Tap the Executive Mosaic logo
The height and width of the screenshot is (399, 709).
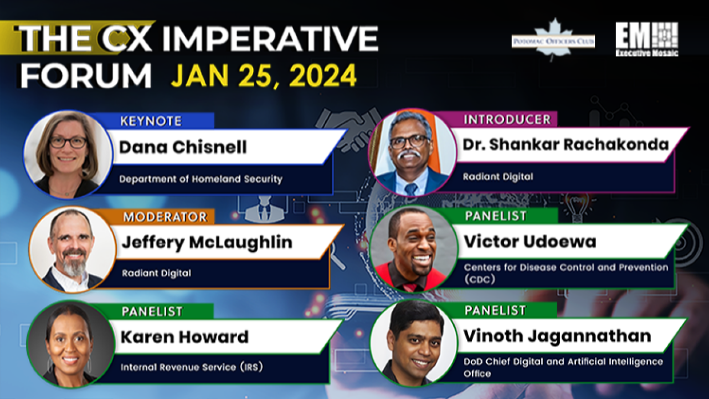pyautogui.click(x=646, y=39)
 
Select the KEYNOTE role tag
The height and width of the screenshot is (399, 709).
pyautogui.click(x=151, y=121)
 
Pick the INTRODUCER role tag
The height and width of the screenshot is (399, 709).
pyautogui.click(x=507, y=120)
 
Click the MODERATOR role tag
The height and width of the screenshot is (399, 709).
pyautogui.click(x=165, y=217)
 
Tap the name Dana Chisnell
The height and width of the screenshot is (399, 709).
pyautogui.click(x=183, y=147)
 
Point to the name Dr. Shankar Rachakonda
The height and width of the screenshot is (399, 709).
pyautogui.click(x=566, y=145)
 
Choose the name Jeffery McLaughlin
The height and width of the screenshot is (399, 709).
pyautogui.click(x=207, y=243)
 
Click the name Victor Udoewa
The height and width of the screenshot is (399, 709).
pyautogui.click(x=530, y=242)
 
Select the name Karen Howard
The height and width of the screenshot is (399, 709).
pyautogui.click(x=184, y=337)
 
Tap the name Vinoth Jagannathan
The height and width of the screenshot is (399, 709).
pyautogui.click(x=557, y=336)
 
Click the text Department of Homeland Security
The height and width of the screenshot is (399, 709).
pyautogui.click(x=201, y=179)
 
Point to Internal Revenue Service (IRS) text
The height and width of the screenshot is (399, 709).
pyautogui.click(x=192, y=367)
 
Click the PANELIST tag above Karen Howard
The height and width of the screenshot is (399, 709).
pyautogui.click(x=152, y=312)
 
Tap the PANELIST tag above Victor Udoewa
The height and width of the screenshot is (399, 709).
pyautogui.click(x=496, y=216)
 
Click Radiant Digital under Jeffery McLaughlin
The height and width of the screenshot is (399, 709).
pyautogui.click(x=156, y=273)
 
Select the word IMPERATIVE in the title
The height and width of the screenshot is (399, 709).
pyautogui.click(x=271, y=39)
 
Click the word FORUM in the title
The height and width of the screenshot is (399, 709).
pyautogui.click(x=86, y=76)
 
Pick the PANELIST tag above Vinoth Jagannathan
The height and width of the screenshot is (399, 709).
pyautogui.click(x=495, y=310)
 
